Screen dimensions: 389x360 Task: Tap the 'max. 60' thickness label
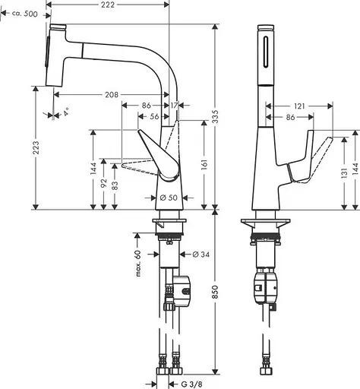139,263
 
